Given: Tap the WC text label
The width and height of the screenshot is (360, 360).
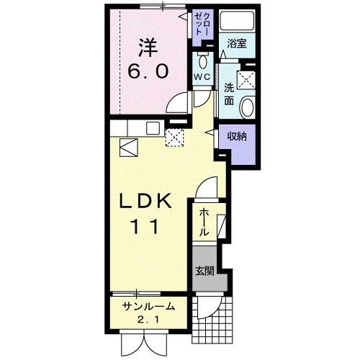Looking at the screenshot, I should [201, 76].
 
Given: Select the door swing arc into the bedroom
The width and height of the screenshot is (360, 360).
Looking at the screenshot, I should [176, 108].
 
